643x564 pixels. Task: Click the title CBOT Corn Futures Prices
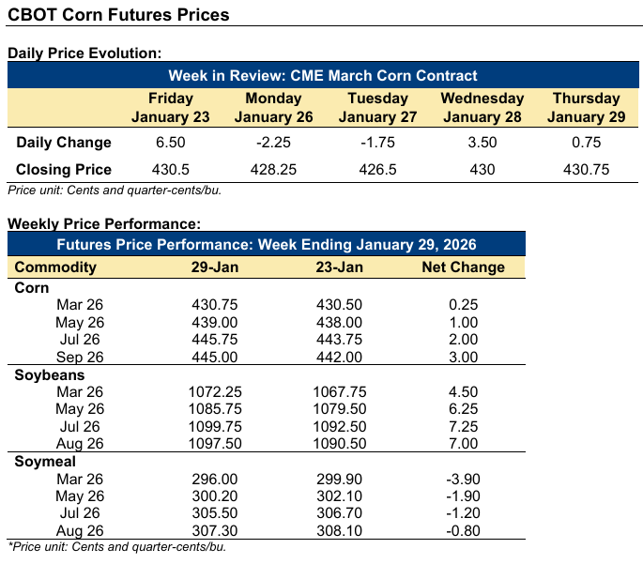click(118, 16)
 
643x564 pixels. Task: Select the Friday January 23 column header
click(171, 107)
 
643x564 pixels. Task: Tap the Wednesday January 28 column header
click(482, 107)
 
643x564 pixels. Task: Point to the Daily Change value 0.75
click(586, 143)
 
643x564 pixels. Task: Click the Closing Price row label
click(64, 170)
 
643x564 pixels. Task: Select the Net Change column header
click(463, 267)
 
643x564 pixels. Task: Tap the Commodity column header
click(55, 267)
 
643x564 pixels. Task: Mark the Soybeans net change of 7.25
click(463, 427)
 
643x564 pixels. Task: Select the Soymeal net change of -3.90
click(463, 480)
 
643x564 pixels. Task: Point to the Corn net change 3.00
click(463, 357)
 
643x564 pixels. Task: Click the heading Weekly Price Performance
click(103, 224)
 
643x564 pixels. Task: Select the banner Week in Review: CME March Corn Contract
click(323, 76)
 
